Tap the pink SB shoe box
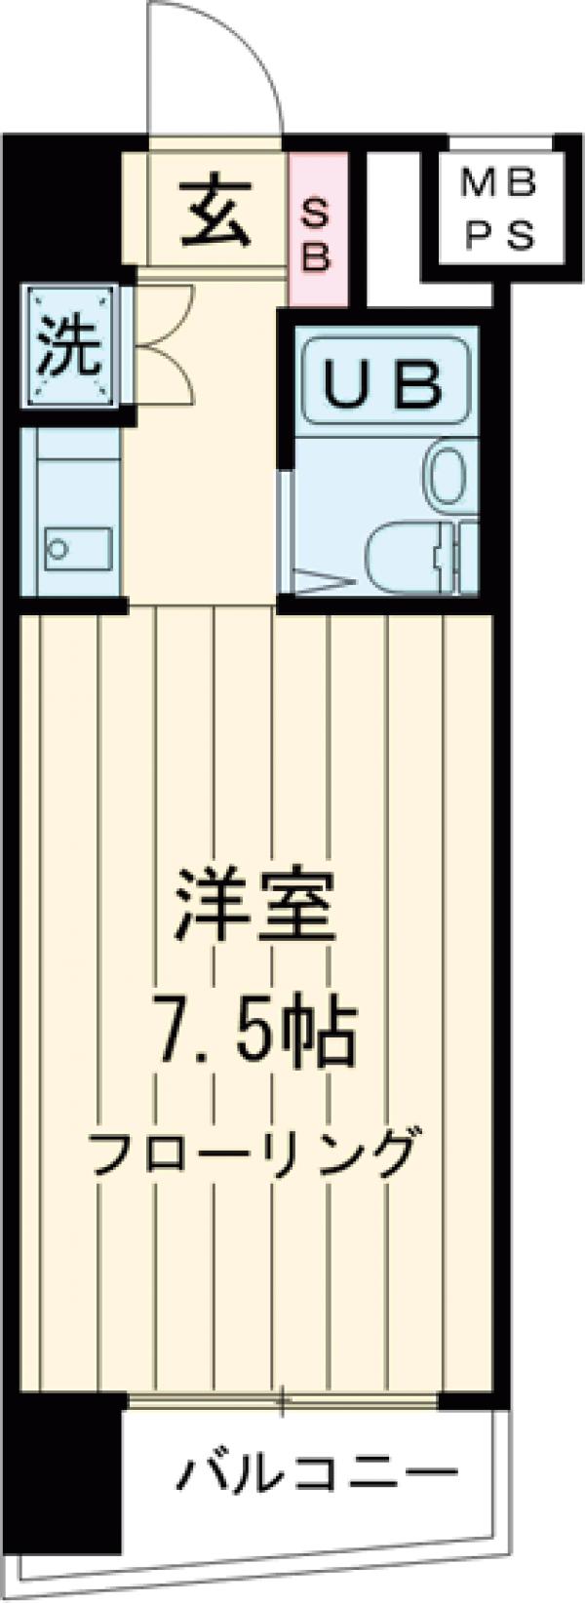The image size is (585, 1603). [x=318, y=226]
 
